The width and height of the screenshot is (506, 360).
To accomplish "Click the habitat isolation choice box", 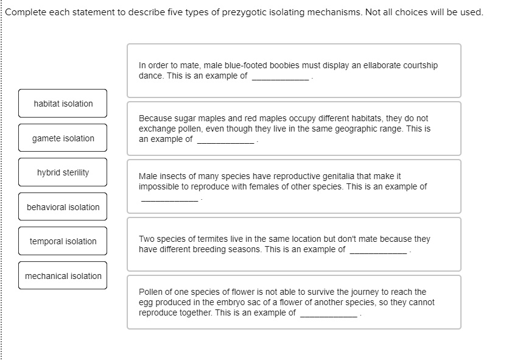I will point(63,104).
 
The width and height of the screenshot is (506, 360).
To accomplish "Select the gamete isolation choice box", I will point(63,138).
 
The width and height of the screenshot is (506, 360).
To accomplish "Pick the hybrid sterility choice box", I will point(63,172).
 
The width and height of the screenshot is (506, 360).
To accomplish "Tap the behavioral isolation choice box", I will point(63,207).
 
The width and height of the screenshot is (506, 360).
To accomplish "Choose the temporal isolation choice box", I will point(63,241).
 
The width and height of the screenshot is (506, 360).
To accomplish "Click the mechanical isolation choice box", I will point(63,276).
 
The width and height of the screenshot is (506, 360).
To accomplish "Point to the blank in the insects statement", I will point(169,199).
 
